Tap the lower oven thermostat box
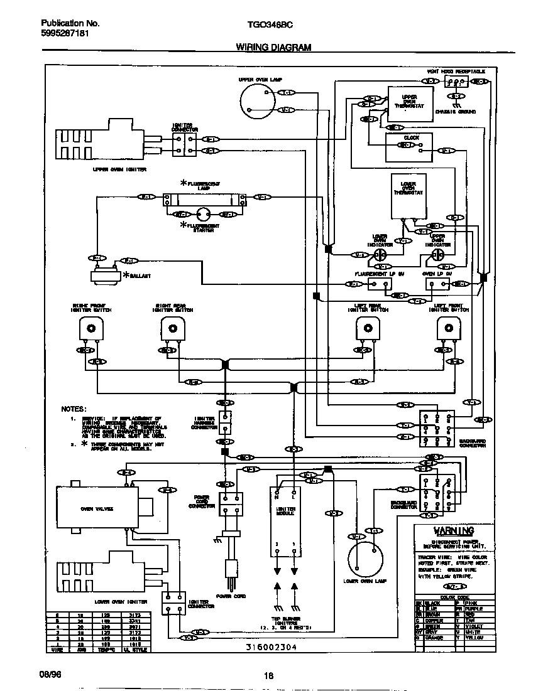[x=409, y=195]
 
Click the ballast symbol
[x=105, y=274]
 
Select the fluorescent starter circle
[x=203, y=215]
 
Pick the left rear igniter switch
[x=368, y=328]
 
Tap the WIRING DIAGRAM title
[x=273, y=48]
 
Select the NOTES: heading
[x=74, y=409]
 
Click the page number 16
[x=269, y=675]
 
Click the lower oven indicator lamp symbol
[x=380, y=255]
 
